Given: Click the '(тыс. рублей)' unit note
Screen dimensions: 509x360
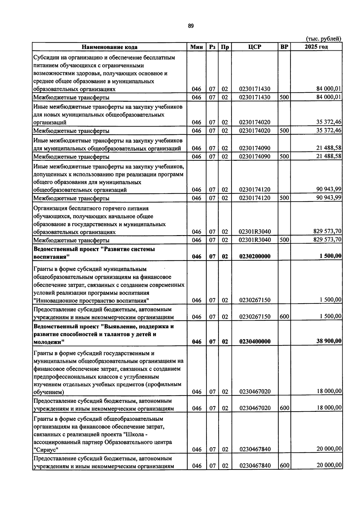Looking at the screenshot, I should [323, 39].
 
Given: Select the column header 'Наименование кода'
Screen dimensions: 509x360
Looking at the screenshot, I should [109, 47].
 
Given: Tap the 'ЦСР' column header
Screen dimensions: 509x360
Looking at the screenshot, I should [255, 47].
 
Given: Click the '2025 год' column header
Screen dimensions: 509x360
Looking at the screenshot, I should [316, 47].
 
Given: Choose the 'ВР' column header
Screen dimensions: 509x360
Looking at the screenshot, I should [284, 47].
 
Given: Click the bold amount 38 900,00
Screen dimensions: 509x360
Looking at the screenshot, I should [328, 341].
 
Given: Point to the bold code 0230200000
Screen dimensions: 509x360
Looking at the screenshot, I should [255, 256].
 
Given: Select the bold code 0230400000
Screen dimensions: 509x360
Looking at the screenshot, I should [255, 342].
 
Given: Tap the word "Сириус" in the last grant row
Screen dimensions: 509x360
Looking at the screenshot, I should [46, 449].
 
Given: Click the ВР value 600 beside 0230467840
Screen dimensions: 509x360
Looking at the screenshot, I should [284, 465].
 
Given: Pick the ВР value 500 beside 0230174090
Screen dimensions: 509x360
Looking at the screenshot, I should [284, 156].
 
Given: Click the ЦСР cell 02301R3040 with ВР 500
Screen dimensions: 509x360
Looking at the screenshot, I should [255, 240].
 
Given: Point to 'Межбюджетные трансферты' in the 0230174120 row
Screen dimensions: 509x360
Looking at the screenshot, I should [71, 198].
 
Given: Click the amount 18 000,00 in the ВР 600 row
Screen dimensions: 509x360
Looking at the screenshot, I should [329, 408].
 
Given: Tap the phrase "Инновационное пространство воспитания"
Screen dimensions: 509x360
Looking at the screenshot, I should [91, 301].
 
